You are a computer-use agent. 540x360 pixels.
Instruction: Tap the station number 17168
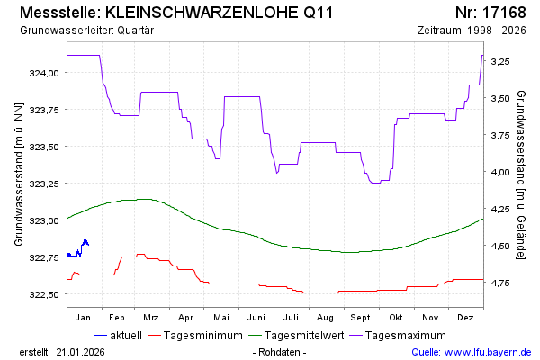tap(504, 13)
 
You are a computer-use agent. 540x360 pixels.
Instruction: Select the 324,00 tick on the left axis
tap(45, 73)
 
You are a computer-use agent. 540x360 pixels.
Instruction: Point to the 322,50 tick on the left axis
tap(45, 294)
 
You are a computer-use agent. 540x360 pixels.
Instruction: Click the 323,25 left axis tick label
tap(45, 184)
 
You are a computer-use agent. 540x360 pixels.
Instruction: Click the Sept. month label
tap(362, 318)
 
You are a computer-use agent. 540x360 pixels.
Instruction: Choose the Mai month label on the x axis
tap(221, 318)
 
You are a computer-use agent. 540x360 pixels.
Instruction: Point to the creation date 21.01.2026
tap(80, 351)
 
